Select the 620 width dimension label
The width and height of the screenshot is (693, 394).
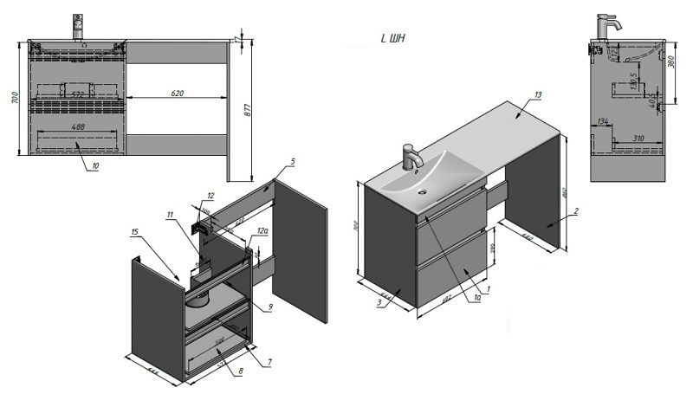point(178,91)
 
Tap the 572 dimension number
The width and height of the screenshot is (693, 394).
point(77,94)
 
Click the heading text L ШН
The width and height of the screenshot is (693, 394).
point(393,38)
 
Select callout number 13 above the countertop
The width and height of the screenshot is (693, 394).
point(538,94)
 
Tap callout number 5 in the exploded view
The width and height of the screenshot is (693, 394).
point(293,162)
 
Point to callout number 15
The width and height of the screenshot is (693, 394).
point(134,231)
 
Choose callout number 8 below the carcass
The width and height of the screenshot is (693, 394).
point(240,371)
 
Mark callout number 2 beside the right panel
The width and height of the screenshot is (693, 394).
point(575,211)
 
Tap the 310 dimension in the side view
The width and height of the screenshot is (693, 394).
point(638,138)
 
